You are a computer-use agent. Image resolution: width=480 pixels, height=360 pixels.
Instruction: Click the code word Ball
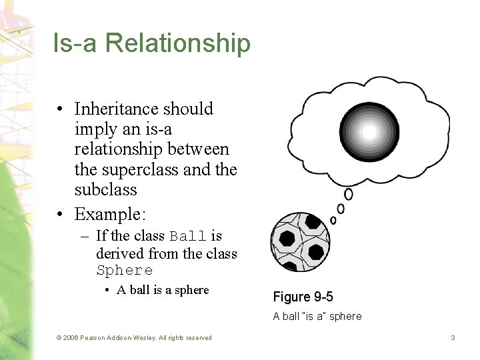(189, 237)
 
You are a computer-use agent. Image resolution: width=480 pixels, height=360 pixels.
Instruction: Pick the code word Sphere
(125, 271)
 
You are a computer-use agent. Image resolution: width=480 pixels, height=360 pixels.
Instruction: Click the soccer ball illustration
(299, 242)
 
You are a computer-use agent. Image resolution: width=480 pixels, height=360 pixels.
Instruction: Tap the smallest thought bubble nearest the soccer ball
(333, 220)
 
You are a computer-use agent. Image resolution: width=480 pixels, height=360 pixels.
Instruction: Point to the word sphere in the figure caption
(347, 317)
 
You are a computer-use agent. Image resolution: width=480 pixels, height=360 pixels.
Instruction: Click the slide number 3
(453, 338)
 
